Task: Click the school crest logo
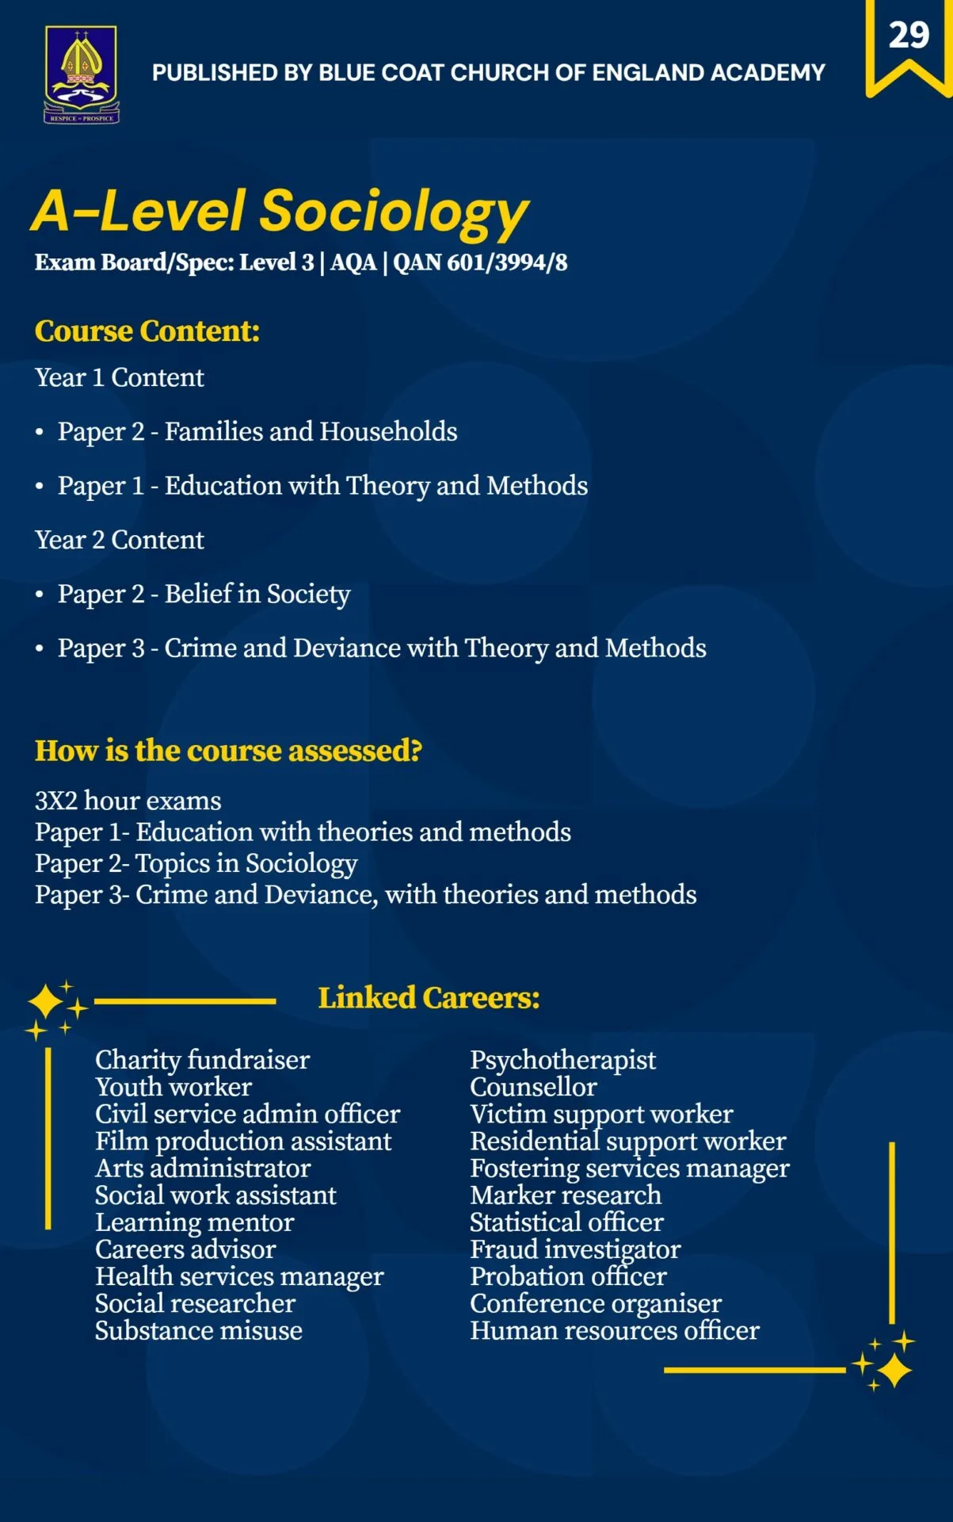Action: click(x=81, y=74)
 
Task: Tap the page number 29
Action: click(x=908, y=36)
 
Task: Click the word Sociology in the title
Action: click(x=394, y=212)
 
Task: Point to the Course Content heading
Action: click(x=147, y=331)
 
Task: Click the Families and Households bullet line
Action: click(x=257, y=432)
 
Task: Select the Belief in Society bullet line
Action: click(x=204, y=595)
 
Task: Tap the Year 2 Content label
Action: click(x=120, y=540)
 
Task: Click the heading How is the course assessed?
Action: click(x=228, y=751)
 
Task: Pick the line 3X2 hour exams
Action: click(x=128, y=801)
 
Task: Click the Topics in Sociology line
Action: click(x=196, y=863)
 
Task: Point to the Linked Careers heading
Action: click(x=429, y=998)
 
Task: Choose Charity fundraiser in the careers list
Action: click(x=202, y=1060)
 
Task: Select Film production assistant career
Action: click(x=243, y=1141)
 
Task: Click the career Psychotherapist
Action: click(x=562, y=1060)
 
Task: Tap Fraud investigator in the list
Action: click(x=575, y=1249)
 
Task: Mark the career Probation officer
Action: click(x=568, y=1276)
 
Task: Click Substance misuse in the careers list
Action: click(x=199, y=1331)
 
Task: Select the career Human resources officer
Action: click(x=614, y=1331)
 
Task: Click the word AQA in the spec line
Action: click(x=353, y=262)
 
